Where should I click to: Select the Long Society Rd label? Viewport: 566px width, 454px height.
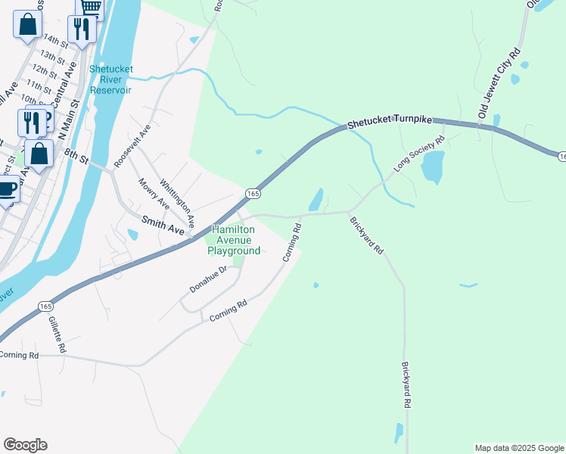418,154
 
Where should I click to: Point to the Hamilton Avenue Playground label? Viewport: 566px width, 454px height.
235,240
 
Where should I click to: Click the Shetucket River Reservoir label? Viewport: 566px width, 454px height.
110,79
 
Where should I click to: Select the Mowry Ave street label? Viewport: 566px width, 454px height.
154,194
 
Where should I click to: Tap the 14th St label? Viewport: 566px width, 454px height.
54,38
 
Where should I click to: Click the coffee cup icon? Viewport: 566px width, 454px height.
6,189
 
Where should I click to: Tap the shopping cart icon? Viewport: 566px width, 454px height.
90,8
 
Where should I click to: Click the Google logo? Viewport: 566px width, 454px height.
25,445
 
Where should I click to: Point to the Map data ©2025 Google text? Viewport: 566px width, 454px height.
518,448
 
